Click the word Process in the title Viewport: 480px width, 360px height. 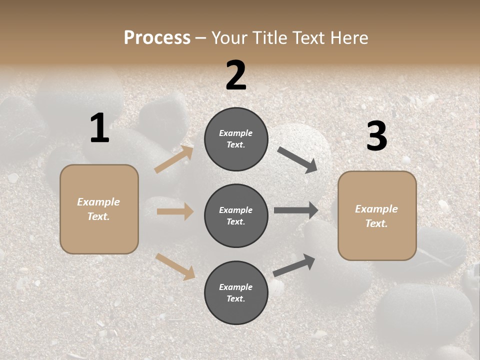pos(157,38)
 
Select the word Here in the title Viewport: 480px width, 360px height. pos(348,38)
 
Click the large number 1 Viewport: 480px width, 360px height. pos(99,128)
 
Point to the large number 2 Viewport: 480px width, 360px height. pos(236,75)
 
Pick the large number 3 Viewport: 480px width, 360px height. pos(376,136)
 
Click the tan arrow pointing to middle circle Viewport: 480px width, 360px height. pos(175,211)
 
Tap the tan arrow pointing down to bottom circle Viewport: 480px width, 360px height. pos(175,266)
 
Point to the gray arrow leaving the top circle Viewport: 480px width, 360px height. pos(297,159)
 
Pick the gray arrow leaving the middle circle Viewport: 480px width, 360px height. pos(296,210)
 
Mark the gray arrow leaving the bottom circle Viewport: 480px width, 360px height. pos(294,265)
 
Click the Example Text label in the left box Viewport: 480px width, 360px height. pos(98,209)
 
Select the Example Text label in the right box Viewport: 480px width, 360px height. pos(376,216)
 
